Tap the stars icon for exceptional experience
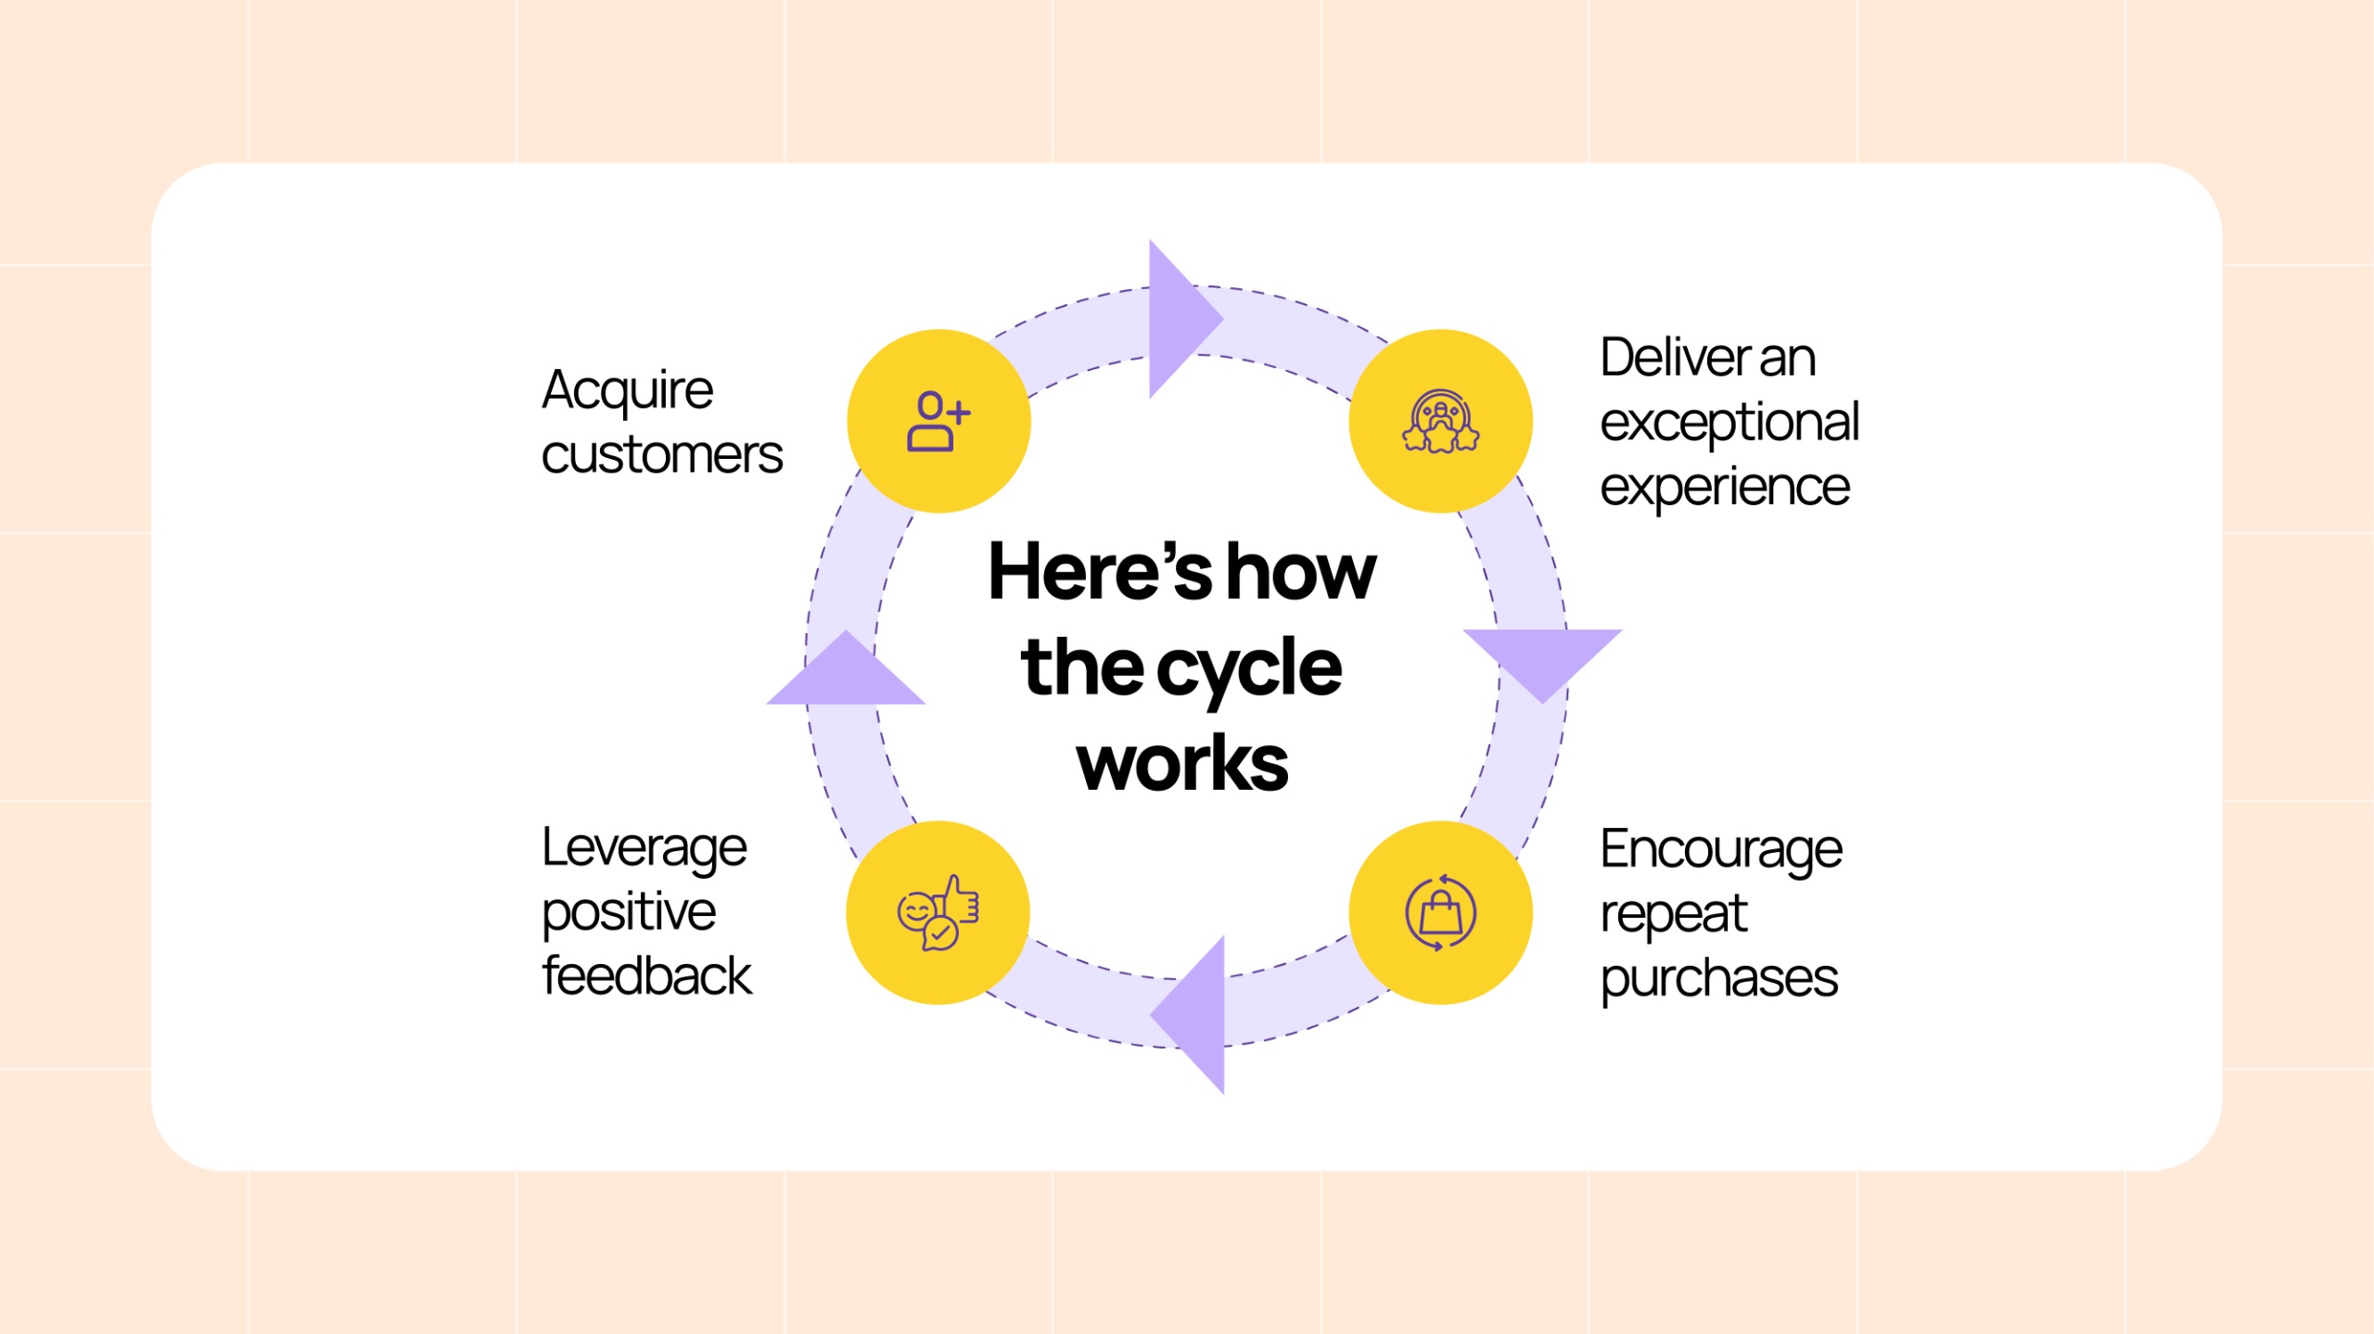[1440, 422]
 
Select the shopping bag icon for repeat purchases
[1440, 913]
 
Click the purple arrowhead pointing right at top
[1178, 319]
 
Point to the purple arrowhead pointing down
[1542, 660]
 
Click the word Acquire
[628, 390]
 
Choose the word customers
[662, 455]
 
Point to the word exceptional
[1729, 424]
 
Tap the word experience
[1725, 489]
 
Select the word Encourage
[1721, 850]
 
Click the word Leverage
[645, 848]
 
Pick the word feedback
[647, 976]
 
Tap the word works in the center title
[1182, 764]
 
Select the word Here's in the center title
[1100, 572]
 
